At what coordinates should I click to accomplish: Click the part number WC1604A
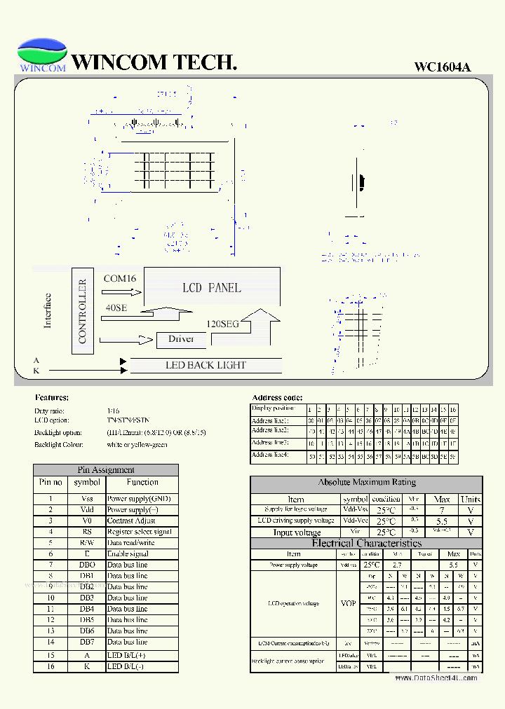442,67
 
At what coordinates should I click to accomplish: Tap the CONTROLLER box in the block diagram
82,310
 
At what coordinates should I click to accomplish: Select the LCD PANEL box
211,287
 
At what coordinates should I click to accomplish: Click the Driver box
181,339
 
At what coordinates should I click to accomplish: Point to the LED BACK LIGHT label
206,365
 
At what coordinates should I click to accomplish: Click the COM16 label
120,278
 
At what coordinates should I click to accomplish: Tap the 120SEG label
222,324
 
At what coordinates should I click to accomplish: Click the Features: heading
52,397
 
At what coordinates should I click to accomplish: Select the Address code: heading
277,397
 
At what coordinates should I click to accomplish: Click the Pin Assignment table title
105,470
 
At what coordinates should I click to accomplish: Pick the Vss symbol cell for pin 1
87,499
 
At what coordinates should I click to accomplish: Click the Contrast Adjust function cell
131,521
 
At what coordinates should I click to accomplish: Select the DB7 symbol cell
87,642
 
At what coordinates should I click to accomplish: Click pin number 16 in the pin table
50,666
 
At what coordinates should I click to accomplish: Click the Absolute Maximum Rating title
366,483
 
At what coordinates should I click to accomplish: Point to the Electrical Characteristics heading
366,543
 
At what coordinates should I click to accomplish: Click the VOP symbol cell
347,603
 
